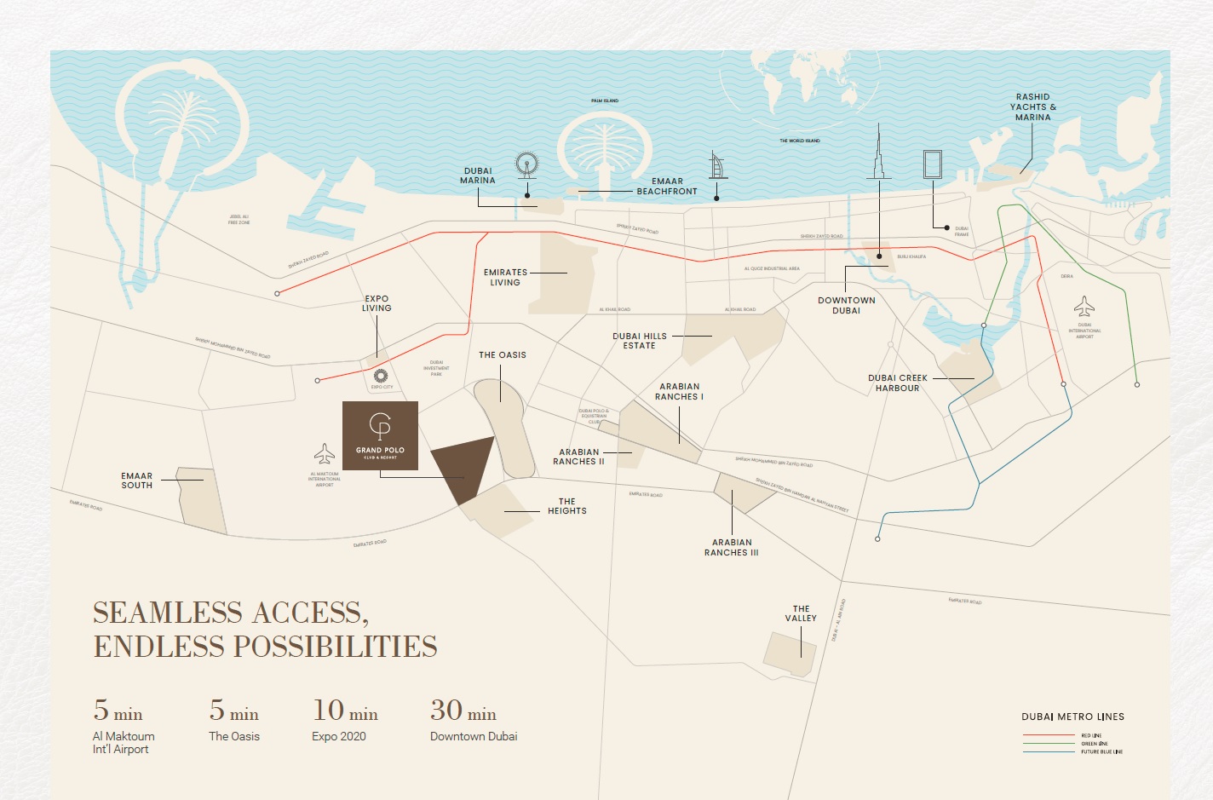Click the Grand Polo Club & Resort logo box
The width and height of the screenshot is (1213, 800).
coord(380,435)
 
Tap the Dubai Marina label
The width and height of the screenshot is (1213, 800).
coord(478,176)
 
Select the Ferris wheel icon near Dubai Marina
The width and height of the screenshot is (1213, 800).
coord(527,164)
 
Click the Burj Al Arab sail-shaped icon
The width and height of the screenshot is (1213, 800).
coord(716,165)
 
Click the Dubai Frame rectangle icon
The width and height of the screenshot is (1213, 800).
coord(933,164)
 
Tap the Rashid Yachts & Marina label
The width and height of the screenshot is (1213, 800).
coord(1032,107)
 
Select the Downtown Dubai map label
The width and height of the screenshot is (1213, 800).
coord(846,306)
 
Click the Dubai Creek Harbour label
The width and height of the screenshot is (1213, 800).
coord(898,383)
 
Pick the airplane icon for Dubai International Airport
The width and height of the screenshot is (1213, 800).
coord(1084,306)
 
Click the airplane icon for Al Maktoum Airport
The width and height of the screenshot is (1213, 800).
coord(325,454)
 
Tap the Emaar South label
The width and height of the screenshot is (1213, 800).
coord(136,481)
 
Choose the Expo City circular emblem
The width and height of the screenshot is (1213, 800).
coord(381,376)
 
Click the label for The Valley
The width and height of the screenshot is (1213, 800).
coord(801,613)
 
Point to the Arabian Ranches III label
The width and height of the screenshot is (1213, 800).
coord(731,548)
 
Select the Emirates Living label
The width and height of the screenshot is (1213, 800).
coord(505,278)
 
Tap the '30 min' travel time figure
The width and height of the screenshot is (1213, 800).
coord(463,711)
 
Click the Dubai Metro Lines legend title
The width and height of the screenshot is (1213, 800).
coord(1072,717)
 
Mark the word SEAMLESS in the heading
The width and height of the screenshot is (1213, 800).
coord(168,613)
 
